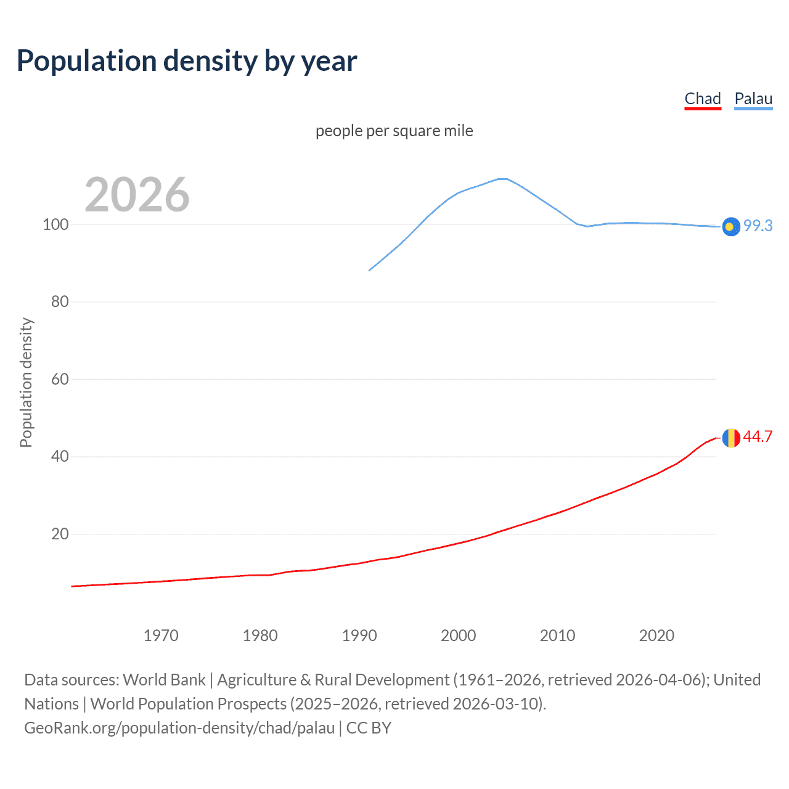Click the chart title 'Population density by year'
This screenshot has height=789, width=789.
tap(187, 61)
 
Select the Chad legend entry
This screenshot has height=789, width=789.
tap(703, 99)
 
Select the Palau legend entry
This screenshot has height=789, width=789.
tap(753, 99)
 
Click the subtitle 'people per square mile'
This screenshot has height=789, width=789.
tap(394, 131)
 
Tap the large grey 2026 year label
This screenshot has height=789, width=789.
tap(137, 195)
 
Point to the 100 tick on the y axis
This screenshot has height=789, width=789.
tap(55, 224)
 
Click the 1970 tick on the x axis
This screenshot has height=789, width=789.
tap(161, 636)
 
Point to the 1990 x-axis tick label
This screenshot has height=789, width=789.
tap(359, 636)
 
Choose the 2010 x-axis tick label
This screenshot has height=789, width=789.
tap(557, 636)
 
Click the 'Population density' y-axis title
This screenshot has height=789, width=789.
tap(26, 382)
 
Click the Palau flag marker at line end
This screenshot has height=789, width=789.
tap(731, 227)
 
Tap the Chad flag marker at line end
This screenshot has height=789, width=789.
tap(731, 438)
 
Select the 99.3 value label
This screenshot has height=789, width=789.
tap(758, 226)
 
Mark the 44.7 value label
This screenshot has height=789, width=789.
tap(758, 437)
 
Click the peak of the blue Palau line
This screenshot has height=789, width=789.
tap(502, 179)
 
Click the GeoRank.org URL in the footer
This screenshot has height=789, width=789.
tap(179, 728)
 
